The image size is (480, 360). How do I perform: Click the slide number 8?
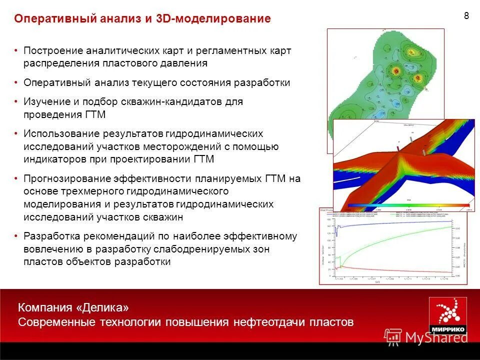pos(466,15)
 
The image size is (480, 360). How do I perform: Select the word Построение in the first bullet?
pos(53,51)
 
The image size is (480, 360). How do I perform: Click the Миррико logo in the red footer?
pos(447,315)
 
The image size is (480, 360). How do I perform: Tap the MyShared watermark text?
pos(436,337)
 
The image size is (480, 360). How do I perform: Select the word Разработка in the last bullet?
pos(51,236)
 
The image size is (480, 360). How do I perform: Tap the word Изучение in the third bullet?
pos(46,101)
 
